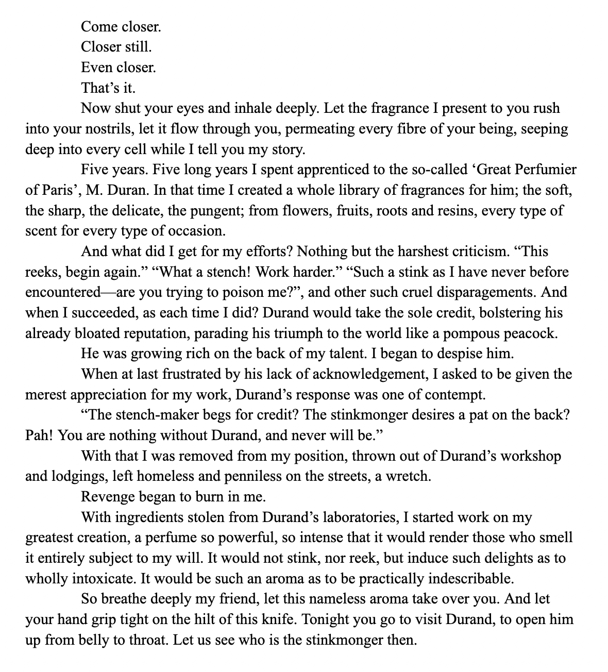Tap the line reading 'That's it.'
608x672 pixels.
tap(108, 88)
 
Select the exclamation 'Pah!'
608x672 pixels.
tap(39, 435)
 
